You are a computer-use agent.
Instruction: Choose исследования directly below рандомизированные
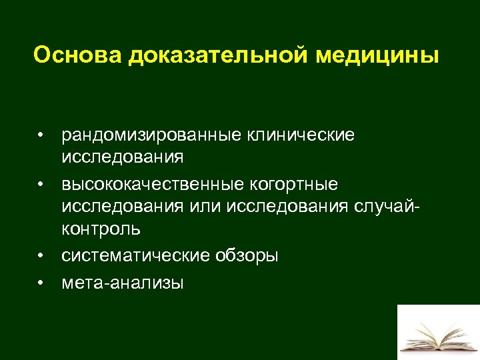(122, 157)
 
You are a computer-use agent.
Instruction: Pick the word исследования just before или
(122, 205)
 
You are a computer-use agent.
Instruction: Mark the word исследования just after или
(287, 205)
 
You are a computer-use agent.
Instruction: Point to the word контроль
(101, 229)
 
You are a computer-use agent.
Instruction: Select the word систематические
(136, 255)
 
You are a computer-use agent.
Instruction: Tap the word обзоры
(247, 255)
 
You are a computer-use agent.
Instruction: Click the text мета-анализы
(122, 283)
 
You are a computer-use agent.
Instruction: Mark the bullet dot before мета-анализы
(41, 283)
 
